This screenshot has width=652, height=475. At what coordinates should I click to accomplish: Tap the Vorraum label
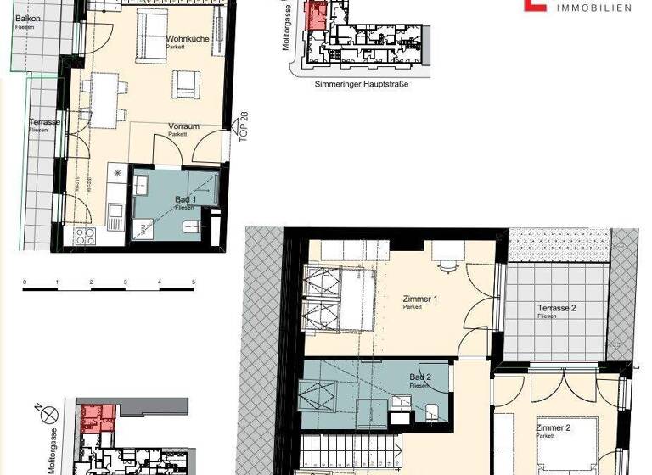point(183,127)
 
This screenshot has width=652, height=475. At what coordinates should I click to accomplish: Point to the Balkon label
point(27,19)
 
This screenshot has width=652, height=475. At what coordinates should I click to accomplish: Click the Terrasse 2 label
point(556,308)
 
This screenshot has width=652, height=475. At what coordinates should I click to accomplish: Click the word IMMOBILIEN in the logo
point(592,8)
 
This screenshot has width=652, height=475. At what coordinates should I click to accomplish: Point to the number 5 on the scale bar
point(194,282)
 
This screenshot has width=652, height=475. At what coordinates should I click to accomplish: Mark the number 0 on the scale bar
point(25,282)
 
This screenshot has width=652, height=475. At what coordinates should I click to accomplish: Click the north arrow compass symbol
point(51,415)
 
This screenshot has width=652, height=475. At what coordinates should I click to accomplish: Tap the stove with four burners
point(85,236)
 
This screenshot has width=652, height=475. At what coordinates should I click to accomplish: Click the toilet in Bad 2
point(431,413)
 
